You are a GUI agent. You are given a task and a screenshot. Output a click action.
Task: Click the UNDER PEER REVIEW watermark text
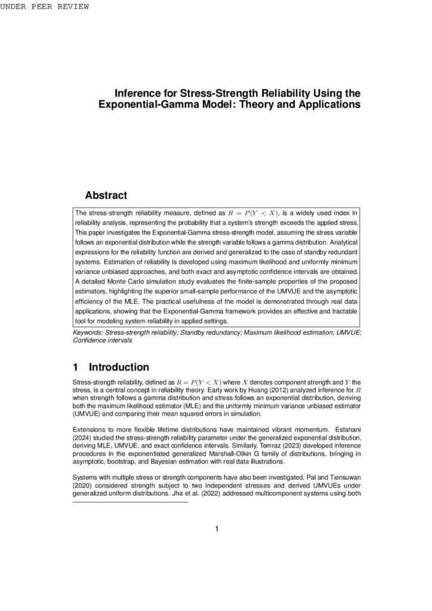[x=45, y=7]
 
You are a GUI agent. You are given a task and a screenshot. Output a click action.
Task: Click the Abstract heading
[x=106, y=195]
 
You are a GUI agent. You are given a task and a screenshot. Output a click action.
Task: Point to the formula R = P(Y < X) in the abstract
[x=254, y=212]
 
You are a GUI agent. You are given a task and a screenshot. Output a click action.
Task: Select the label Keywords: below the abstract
[x=88, y=332]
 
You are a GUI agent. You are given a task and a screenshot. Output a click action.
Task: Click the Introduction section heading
[x=119, y=367]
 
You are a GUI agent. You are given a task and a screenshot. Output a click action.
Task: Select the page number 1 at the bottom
[x=217, y=528]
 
